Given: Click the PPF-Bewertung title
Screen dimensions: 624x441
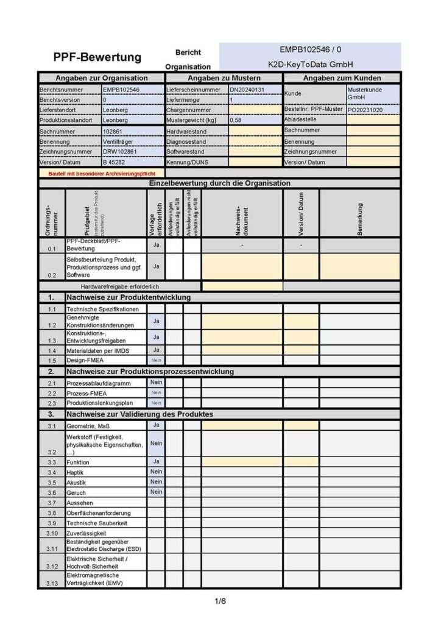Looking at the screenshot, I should pos(97,58).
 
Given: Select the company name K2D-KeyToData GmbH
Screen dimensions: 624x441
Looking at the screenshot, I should pos(311,64).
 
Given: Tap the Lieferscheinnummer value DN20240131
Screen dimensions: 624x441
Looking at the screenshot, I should pos(247,90).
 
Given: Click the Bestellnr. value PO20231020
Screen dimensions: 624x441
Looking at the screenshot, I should pos(366,110).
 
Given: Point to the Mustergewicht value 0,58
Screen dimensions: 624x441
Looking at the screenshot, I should pos(235,121).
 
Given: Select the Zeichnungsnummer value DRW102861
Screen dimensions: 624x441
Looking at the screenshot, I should pos(120,152).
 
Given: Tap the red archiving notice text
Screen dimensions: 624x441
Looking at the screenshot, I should pos(102,173).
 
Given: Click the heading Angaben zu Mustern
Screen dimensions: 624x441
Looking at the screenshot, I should pos(224,78).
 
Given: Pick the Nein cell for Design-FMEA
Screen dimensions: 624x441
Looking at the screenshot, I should pos(156,360).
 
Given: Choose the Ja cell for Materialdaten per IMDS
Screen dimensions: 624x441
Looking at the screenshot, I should pos(156,350).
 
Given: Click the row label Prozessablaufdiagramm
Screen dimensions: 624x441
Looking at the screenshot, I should pos(99,383).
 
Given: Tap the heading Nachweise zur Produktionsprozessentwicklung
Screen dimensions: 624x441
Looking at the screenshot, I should pos(150,371).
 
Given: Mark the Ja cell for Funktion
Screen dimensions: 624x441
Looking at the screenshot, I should pos(156,462).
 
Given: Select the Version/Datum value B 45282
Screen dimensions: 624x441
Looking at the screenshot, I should pos(114,163).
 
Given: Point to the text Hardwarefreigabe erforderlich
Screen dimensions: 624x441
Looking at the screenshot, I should pos(120,286).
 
